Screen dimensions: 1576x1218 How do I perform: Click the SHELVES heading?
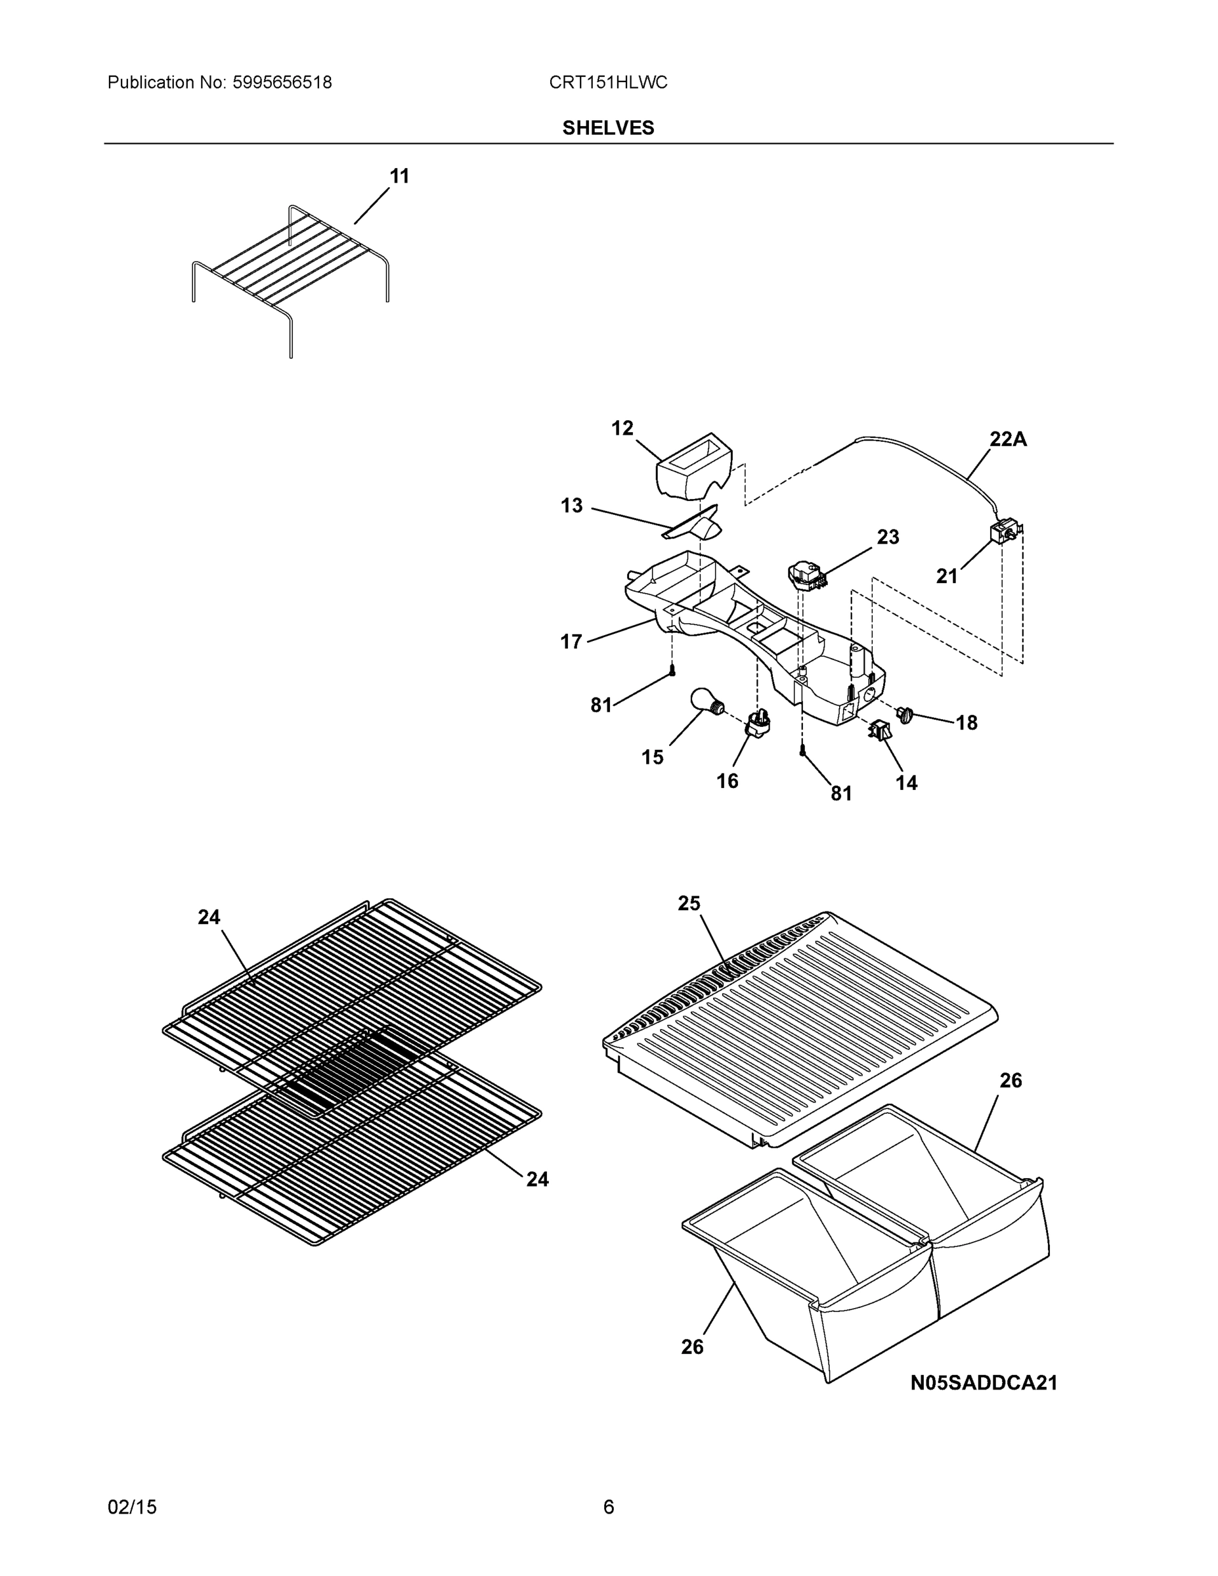click(607, 128)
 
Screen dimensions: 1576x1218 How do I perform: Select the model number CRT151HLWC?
click(607, 82)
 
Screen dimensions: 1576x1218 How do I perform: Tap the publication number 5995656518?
click(282, 82)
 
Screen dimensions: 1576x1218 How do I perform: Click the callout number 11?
click(399, 176)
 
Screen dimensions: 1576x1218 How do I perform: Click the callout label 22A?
click(1007, 439)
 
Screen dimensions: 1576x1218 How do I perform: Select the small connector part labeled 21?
click(1004, 535)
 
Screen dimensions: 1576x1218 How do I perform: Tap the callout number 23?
click(888, 537)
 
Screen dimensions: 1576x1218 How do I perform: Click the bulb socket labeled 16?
click(757, 724)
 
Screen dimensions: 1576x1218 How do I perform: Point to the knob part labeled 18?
click(905, 714)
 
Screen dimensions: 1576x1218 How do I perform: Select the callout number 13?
click(571, 506)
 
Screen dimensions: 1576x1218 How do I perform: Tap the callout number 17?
click(571, 642)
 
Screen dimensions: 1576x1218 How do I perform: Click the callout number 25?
click(688, 903)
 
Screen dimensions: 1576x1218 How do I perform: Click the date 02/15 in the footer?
click(132, 1507)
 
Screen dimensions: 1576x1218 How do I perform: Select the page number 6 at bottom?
click(608, 1507)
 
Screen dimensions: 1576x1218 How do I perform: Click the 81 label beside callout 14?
click(841, 794)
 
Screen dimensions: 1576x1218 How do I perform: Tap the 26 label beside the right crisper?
click(1011, 1080)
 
